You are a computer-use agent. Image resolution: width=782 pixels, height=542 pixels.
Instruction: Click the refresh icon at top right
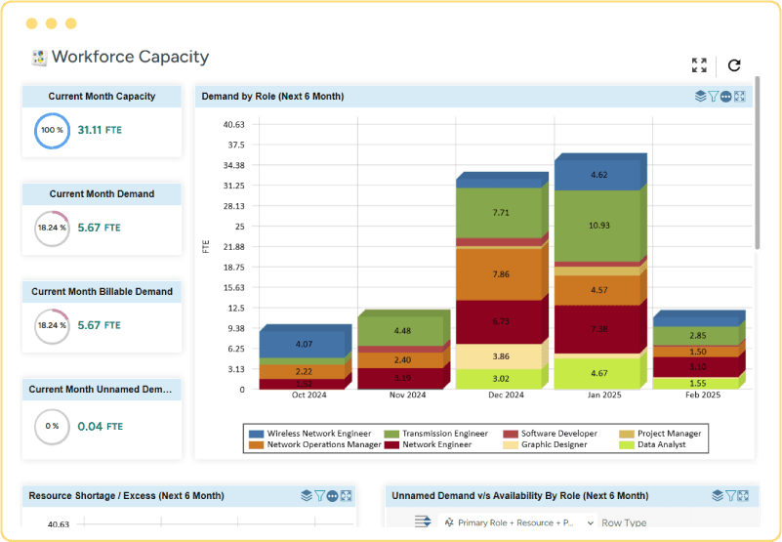pos(734,65)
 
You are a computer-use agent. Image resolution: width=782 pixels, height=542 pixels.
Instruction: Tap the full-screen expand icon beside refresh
pos(699,65)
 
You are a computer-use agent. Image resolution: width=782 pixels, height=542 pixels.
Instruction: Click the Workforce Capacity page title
pos(130,57)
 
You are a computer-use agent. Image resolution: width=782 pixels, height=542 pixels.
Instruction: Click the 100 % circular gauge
pos(52,130)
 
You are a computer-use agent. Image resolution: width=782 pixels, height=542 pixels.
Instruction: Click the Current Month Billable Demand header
pos(102,291)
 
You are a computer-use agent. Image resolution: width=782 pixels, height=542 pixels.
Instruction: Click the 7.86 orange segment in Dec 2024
pos(501,274)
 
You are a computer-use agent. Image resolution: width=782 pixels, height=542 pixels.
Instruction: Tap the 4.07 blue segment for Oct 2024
pos(304,344)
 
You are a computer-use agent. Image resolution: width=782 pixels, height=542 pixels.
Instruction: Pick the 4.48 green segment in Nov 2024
pos(402,331)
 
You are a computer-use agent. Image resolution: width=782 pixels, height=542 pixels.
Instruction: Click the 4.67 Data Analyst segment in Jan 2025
pos(599,373)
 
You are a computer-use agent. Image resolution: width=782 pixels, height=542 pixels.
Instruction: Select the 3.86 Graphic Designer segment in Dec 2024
pos(501,357)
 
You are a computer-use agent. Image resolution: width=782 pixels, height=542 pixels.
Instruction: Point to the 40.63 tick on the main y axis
pos(233,124)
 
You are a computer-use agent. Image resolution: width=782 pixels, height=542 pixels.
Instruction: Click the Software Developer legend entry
pos(553,433)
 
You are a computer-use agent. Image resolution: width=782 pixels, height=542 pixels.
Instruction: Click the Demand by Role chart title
pos(272,97)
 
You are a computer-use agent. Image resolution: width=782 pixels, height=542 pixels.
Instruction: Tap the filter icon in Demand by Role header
pos(714,97)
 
